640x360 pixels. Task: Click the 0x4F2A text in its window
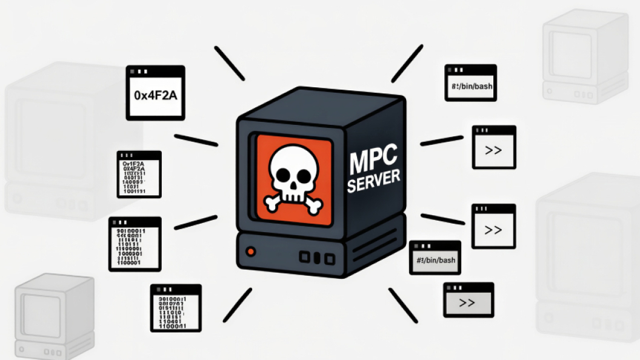(x=155, y=95)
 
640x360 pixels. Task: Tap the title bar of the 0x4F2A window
(x=155, y=71)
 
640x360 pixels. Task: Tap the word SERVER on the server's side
(x=374, y=181)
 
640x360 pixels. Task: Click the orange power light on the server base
(x=250, y=251)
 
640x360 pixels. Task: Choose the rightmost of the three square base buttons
(x=329, y=259)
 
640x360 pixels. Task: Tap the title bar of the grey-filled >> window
(x=468, y=288)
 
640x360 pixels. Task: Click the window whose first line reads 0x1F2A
(x=139, y=175)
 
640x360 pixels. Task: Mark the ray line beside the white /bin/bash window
(x=407, y=63)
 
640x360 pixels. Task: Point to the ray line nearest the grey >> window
(x=403, y=305)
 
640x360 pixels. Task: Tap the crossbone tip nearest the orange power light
(x=270, y=205)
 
